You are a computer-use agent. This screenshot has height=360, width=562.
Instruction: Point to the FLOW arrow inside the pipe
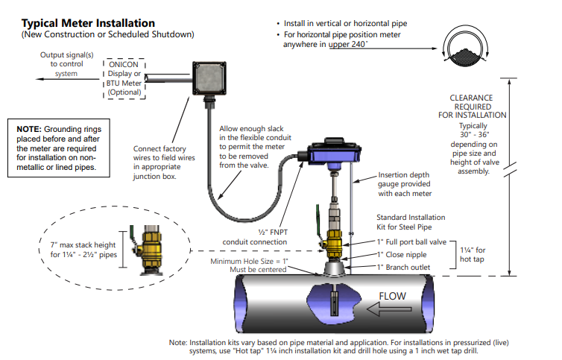coord(392,297)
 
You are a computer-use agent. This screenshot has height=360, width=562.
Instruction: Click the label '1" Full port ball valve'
coord(411,242)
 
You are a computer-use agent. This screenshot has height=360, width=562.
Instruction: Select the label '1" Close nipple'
coord(403,255)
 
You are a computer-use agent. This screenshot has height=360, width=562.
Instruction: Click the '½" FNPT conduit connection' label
coord(255,237)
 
